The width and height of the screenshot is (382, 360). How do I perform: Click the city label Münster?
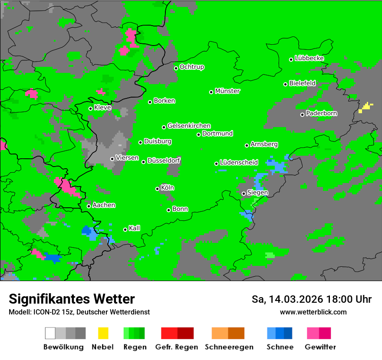click(227, 91)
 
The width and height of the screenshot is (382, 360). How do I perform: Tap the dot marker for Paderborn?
click(302, 115)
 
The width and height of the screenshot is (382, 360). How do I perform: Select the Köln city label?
click(168, 188)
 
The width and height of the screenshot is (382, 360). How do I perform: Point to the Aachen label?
click(104, 205)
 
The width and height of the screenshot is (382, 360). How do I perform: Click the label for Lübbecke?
click(309, 58)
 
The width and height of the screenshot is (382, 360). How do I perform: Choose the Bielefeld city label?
click(302, 83)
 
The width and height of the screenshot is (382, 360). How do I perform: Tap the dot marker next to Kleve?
click(90, 108)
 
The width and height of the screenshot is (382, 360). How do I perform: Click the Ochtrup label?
click(191, 67)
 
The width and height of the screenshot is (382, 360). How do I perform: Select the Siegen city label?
click(257, 193)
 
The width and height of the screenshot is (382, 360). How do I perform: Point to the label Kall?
click(135, 228)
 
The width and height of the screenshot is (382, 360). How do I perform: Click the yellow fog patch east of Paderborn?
click(366, 107)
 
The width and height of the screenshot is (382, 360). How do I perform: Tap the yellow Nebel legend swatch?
click(103, 333)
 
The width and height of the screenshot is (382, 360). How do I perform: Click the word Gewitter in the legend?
click(320, 347)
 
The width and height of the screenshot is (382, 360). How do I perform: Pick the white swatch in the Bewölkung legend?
click(50, 333)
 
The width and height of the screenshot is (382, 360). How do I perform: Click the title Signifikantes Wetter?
click(72, 299)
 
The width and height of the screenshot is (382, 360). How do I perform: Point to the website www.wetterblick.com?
click(313, 312)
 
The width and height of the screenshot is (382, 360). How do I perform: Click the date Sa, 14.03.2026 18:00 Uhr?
click(311, 299)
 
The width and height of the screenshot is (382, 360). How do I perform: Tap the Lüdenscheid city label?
click(239, 163)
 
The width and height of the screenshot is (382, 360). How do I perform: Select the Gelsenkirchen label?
click(189, 126)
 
